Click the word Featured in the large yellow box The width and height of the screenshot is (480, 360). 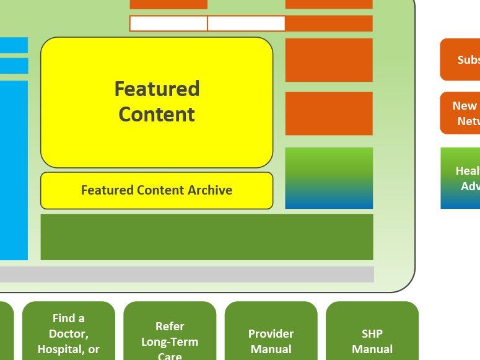point(157,89)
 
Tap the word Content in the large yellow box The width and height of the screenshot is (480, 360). point(157,115)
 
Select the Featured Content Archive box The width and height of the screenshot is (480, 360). point(157,190)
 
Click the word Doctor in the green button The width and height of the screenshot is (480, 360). point(68,334)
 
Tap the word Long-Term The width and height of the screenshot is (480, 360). point(170,341)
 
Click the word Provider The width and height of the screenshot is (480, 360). point(271,334)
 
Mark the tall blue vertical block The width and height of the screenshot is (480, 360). point(13,170)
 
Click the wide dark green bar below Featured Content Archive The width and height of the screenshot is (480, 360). point(207,237)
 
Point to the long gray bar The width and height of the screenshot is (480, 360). point(186,274)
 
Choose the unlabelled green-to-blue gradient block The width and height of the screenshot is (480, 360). point(329,178)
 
